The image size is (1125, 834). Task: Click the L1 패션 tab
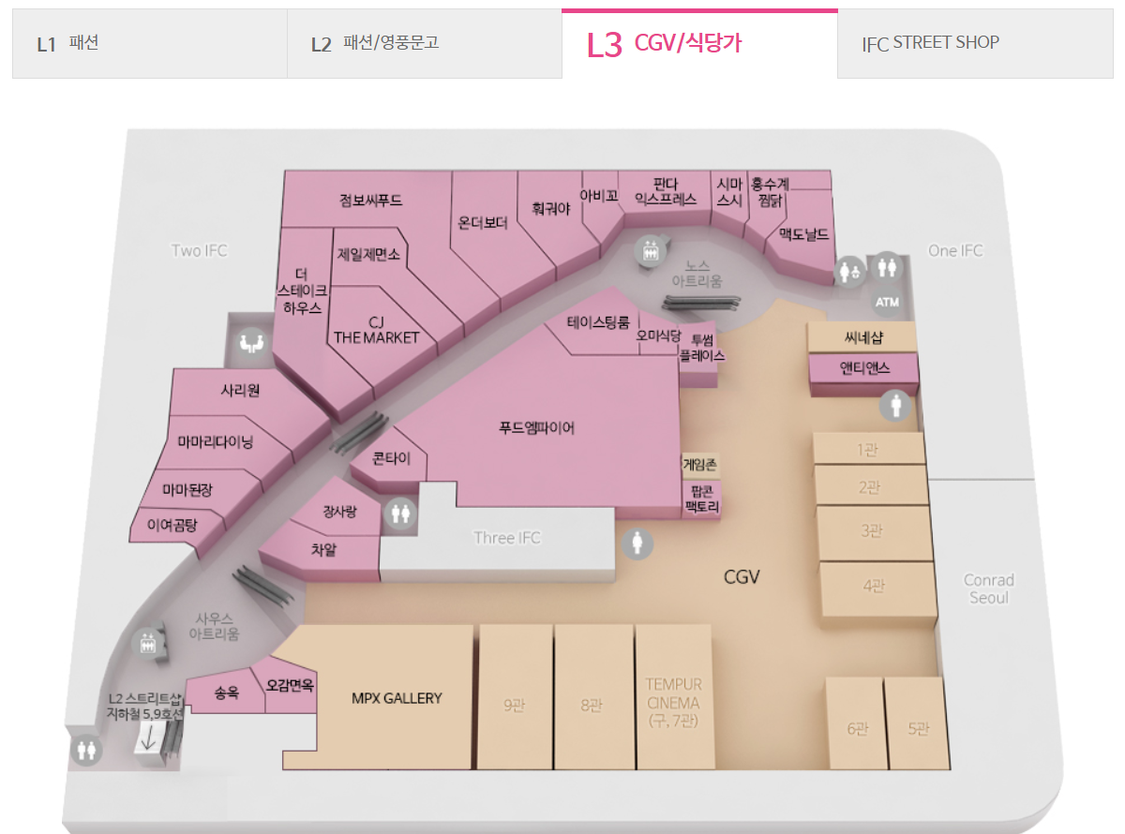click(x=67, y=43)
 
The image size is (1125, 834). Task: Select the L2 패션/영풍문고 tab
click(x=375, y=43)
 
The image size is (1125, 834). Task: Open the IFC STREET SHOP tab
click(x=930, y=43)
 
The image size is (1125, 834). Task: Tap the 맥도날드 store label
click(x=803, y=234)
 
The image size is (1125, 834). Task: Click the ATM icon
click(x=886, y=303)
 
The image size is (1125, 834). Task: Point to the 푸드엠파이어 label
click(x=536, y=429)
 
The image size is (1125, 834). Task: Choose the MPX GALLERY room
click(x=396, y=698)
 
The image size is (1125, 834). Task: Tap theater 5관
click(x=917, y=729)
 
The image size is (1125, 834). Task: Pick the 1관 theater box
click(x=867, y=450)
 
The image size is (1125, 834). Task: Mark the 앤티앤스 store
click(x=864, y=368)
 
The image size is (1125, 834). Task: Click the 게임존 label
click(x=699, y=463)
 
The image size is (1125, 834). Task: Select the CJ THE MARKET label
click(x=377, y=330)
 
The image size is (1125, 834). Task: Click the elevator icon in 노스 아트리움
click(x=649, y=251)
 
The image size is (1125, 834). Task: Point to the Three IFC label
click(x=507, y=538)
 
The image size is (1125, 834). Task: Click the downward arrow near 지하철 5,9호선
click(x=148, y=738)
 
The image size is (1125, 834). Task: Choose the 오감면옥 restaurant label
click(x=290, y=685)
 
